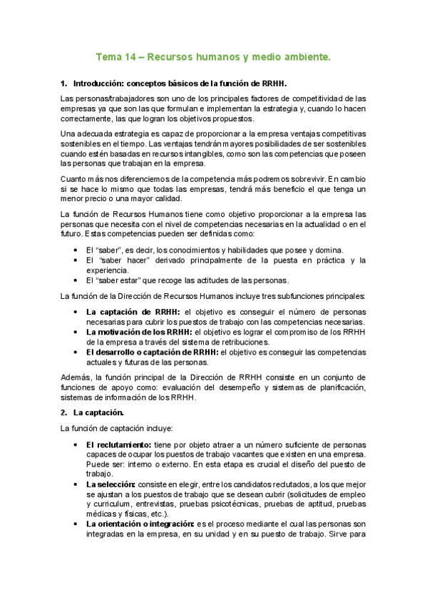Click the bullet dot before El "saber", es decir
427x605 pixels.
pos(76,250)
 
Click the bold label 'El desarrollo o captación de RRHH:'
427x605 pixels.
pos(153,352)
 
